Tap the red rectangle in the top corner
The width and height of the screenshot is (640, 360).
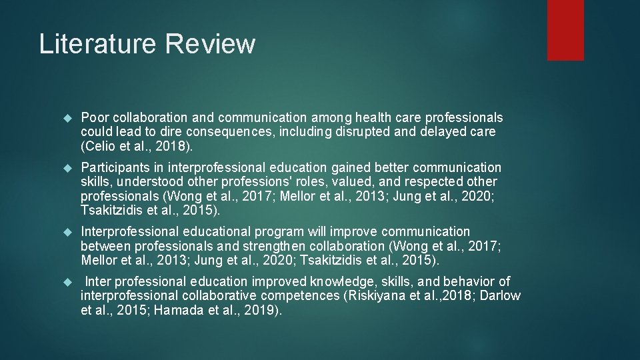(x=565, y=30)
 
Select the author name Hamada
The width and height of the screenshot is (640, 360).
(x=175, y=309)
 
